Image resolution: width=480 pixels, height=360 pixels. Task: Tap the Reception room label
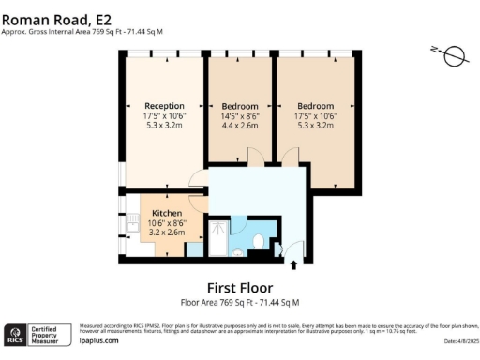(164, 105)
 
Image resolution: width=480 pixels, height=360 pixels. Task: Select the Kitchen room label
(166, 213)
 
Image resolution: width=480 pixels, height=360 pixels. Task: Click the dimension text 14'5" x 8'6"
(239, 117)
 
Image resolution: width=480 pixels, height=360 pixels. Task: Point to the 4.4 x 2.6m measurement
(239, 127)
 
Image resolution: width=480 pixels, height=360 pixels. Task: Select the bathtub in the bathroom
(217, 239)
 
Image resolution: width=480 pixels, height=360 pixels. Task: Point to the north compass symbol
(453, 55)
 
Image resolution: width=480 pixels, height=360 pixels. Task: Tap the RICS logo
(16, 334)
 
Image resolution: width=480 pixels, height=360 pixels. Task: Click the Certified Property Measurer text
(48, 335)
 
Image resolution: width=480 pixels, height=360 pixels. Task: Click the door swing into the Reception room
(197, 178)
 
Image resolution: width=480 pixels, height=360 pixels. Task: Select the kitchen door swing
(197, 200)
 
